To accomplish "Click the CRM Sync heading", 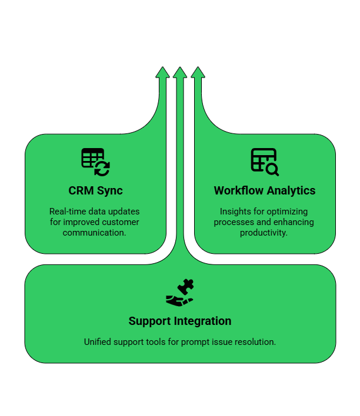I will (95, 191).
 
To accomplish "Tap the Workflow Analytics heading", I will (265, 191).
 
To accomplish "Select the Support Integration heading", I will (180, 321).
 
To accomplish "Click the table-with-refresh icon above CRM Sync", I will (95, 162).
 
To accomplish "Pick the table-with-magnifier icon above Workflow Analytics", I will (265, 162).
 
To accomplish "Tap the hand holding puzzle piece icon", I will (180, 293).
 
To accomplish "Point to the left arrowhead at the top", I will (162, 73).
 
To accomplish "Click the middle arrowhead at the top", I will (180, 73).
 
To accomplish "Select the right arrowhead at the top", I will (198, 73).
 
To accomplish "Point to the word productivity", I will (264, 233).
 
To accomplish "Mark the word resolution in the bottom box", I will (256, 342).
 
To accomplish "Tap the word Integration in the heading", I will (202, 321).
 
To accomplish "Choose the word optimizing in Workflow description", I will (288, 212).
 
